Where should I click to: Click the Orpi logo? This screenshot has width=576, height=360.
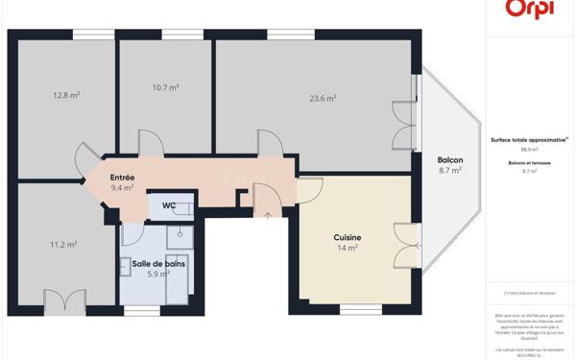coord(528,8)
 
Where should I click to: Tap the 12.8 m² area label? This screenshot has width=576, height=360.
coord(66,95)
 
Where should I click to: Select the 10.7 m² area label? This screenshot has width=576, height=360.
coord(165,87)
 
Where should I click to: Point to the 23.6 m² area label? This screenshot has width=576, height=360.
coord(323,97)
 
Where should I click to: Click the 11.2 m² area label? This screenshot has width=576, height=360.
coord(63,245)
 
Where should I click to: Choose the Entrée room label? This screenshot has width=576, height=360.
coord(122,178)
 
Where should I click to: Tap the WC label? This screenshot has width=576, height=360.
coord(168,205)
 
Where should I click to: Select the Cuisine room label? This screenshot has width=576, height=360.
coord(347,237)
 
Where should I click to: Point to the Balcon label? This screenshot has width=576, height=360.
coord(449,160)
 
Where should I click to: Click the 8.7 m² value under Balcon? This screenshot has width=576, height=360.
coord(449,171)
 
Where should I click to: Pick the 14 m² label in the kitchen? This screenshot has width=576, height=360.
coord(347,248)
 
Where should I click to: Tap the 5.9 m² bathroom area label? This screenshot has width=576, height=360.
coord(158,274)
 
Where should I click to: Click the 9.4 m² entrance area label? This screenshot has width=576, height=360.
coord(122,188)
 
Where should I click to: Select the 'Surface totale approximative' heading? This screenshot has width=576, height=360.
coord(529,139)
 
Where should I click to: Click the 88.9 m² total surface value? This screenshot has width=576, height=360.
coord(529,150)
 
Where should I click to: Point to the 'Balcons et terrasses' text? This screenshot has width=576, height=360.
coord(529,162)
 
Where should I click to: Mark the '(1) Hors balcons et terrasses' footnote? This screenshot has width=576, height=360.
coord(529,293)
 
